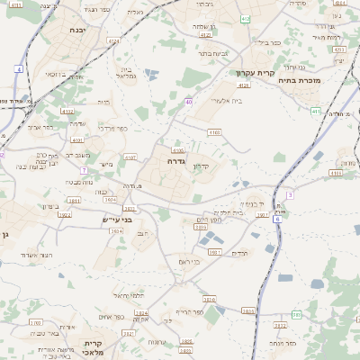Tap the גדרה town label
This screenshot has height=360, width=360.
(175, 161)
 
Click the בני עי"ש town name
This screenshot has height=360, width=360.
(115, 219)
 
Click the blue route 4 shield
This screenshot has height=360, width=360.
(19, 68)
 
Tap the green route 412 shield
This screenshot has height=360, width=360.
(247, 18)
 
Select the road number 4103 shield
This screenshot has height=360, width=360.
(213, 132)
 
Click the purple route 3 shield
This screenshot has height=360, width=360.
(290, 194)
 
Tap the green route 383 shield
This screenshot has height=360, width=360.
(296, 315)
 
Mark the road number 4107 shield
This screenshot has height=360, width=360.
(130, 158)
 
